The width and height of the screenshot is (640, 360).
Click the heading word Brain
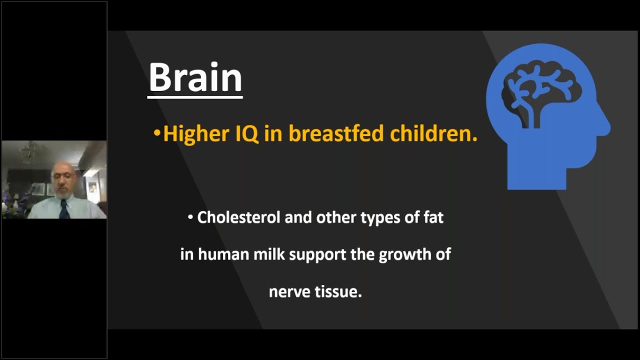click(x=195, y=77)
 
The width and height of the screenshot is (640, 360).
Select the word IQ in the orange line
click(x=246, y=134)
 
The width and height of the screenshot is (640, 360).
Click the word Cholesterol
click(x=238, y=217)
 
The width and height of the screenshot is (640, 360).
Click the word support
click(x=317, y=255)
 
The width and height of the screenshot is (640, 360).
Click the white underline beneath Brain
click(x=195, y=97)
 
